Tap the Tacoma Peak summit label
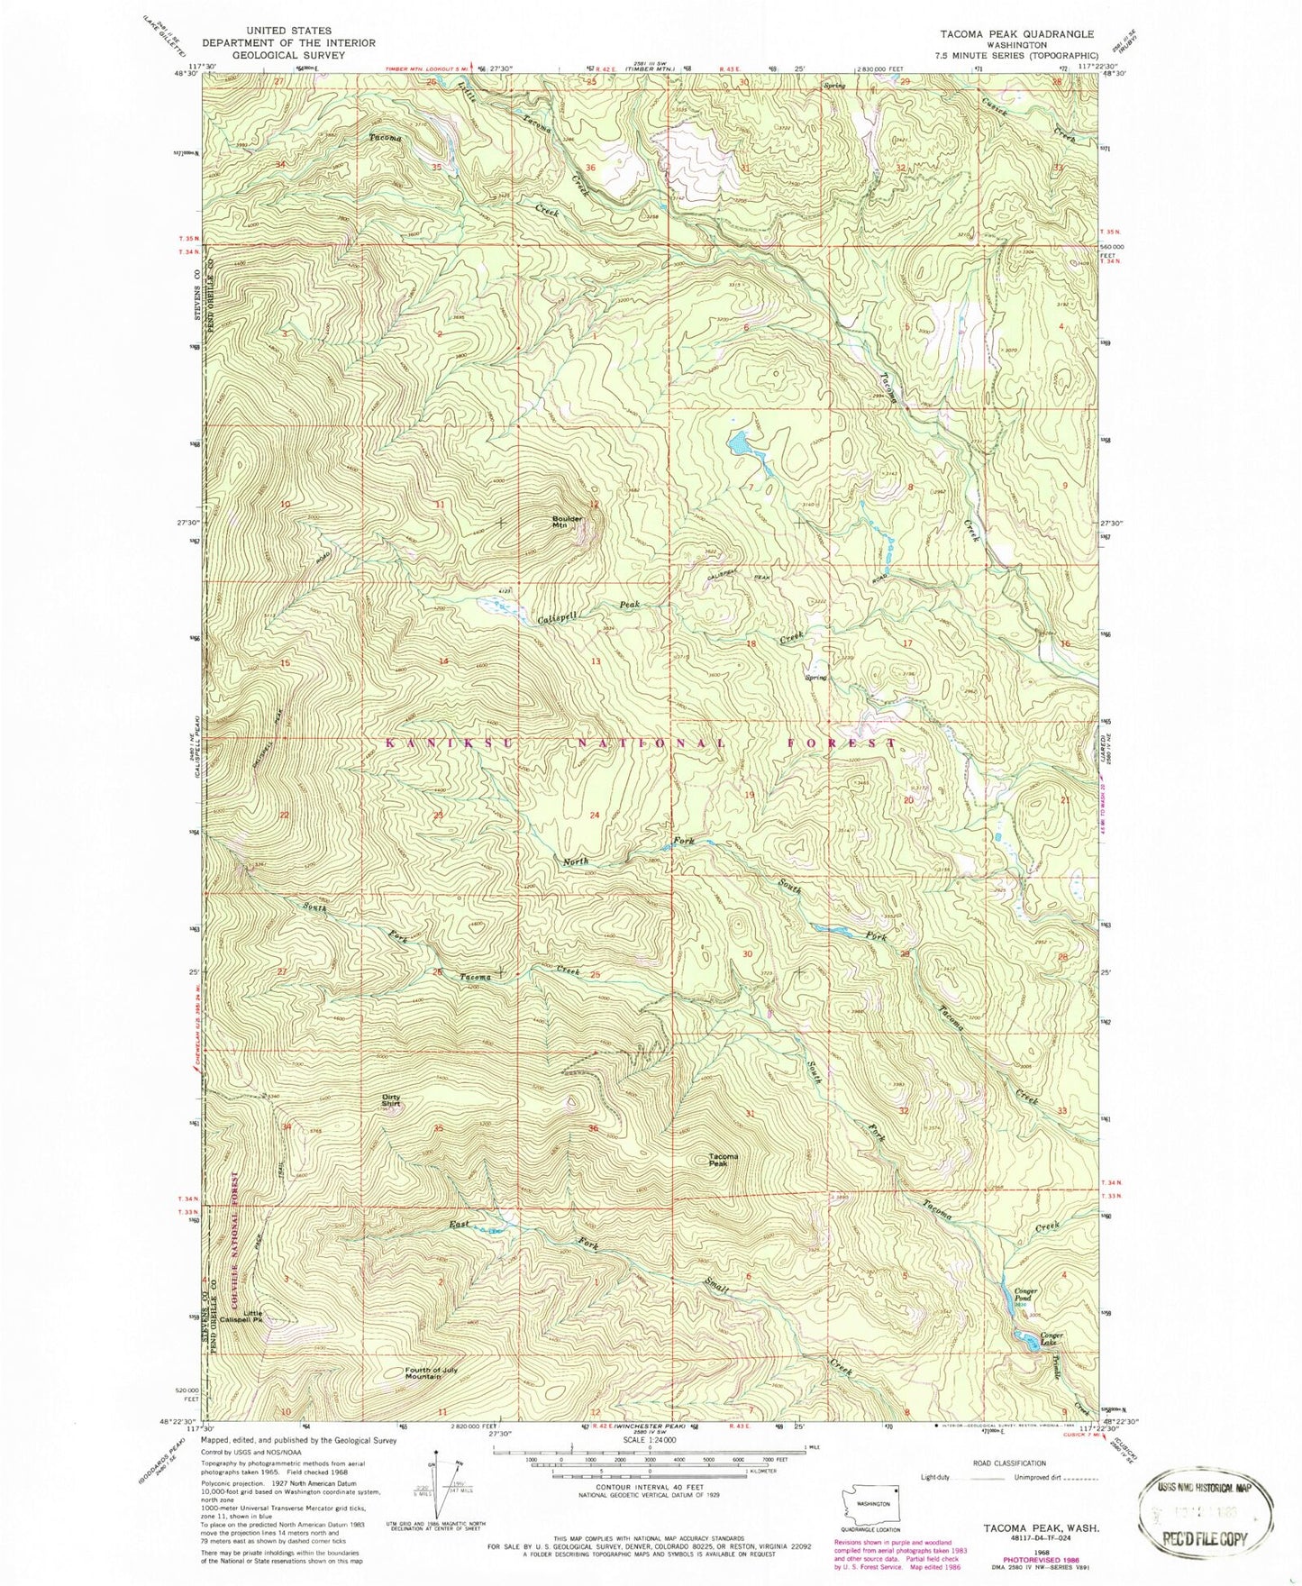coord(723,1160)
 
